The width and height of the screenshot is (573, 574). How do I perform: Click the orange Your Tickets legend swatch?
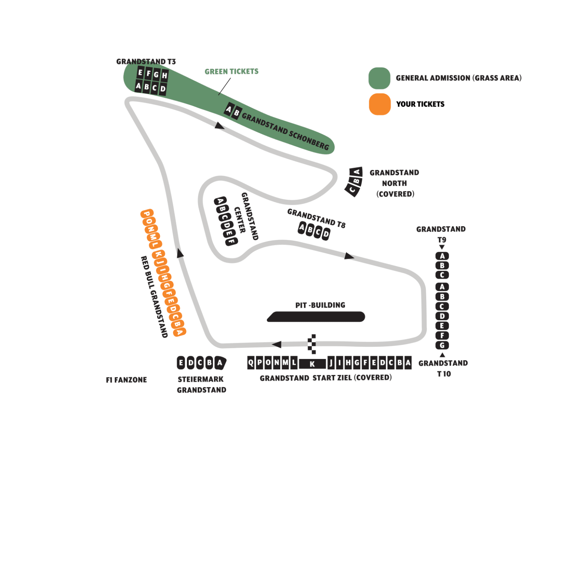pyautogui.click(x=380, y=104)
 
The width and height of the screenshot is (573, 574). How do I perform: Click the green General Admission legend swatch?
pyautogui.click(x=380, y=78)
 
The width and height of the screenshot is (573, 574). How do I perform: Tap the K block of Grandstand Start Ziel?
pyautogui.click(x=312, y=364)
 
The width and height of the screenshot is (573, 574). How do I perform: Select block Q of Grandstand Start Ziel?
pyautogui.click(x=251, y=362)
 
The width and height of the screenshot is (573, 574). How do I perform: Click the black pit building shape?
pyautogui.click(x=316, y=316)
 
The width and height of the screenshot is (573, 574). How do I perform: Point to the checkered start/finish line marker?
pyautogui.click(x=312, y=344)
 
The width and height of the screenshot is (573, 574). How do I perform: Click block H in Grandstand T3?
pyautogui.click(x=164, y=75)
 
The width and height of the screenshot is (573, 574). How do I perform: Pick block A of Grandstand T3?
pyautogui.click(x=138, y=86)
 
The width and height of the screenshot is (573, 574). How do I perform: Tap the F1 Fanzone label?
pyautogui.click(x=127, y=380)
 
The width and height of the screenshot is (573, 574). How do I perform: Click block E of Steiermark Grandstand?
pyautogui.click(x=181, y=362)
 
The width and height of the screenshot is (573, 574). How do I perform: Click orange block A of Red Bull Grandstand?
pyautogui.click(x=179, y=332)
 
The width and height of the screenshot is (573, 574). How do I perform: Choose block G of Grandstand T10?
pyautogui.click(x=442, y=345)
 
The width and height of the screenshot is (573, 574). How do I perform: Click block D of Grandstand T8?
pyautogui.click(x=326, y=234)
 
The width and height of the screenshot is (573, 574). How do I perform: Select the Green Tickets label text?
pyautogui.click(x=232, y=72)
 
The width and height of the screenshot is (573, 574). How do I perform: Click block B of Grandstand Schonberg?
pyautogui.click(x=237, y=113)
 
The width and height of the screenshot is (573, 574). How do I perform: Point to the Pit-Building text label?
pyautogui.click(x=320, y=305)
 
